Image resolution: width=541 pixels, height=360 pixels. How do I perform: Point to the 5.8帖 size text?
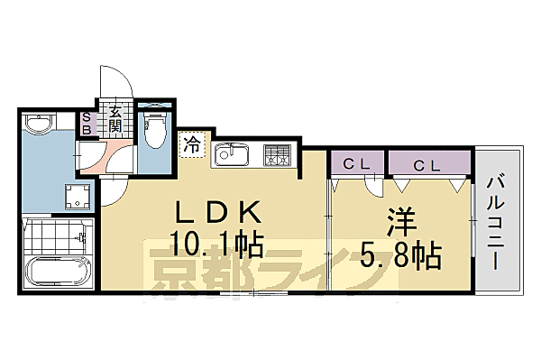401,256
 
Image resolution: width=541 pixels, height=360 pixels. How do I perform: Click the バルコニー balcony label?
496,219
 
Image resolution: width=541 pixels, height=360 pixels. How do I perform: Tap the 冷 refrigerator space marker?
192,143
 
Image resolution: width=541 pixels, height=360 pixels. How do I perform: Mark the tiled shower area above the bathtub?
56,236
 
